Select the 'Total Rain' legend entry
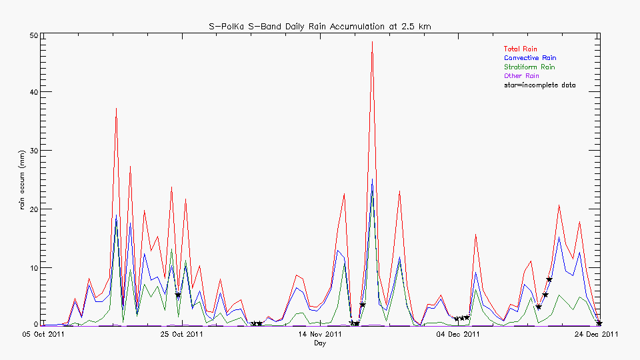tap(520, 49)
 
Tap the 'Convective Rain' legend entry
tap(529, 58)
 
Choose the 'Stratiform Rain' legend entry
tap(529, 67)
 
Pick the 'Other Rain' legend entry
tap(520, 76)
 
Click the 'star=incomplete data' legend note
tap(539, 85)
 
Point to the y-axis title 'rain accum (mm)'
tap(22, 180)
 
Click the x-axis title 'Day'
tap(321, 343)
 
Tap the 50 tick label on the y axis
tap(32, 35)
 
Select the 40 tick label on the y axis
tap(32, 92)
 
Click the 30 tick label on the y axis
tap(32, 151)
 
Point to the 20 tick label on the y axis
tap(32, 209)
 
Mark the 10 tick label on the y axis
tap(32, 268)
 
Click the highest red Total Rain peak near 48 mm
tap(372, 42)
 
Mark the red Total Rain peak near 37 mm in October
tap(116, 108)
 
